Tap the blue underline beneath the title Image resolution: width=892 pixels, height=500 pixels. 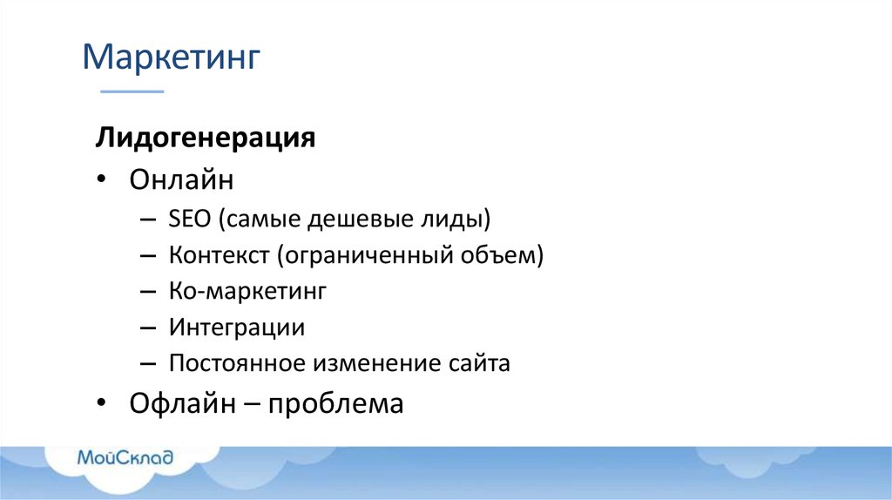[132, 91]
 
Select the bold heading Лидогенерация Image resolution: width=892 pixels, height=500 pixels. [206, 139]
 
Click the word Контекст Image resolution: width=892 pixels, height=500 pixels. [219, 255]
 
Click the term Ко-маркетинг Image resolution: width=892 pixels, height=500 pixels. [247, 292]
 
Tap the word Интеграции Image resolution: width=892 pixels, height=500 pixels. [237, 328]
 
